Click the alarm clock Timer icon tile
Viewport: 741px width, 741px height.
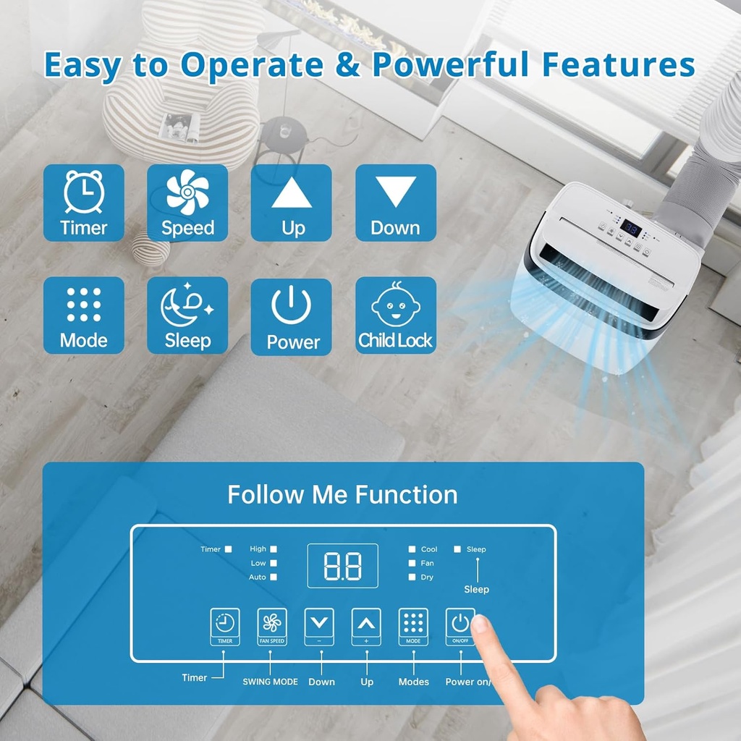pyautogui.click(x=84, y=203)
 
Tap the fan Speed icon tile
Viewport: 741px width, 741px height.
pyautogui.click(x=187, y=203)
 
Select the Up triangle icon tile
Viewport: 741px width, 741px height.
pyautogui.click(x=292, y=203)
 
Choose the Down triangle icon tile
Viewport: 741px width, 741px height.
pyautogui.click(x=395, y=203)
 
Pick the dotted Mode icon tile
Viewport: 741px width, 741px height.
pyautogui.click(x=84, y=316)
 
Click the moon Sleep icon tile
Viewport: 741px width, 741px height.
pyautogui.click(x=187, y=316)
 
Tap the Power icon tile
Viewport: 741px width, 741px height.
pyautogui.click(x=292, y=316)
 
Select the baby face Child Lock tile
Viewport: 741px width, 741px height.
pyautogui.click(x=395, y=316)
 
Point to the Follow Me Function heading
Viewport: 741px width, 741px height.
pyautogui.click(x=342, y=495)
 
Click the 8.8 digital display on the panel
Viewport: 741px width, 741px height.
pyautogui.click(x=342, y=565)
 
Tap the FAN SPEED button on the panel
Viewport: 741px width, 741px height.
pyautogui.click(x=272, y=627)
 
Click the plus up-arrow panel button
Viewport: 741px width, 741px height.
pyautogui.click(x=366, y=627)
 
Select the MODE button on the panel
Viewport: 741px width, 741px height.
pyautogui.click(x=413, y=627)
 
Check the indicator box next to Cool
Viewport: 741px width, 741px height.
pyautogui.click(x=412, y=549)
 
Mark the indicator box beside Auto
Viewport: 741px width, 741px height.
pyautogui.click(x=274, y=577)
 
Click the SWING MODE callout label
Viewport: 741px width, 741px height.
pyautogui.click(x=270, y=682)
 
